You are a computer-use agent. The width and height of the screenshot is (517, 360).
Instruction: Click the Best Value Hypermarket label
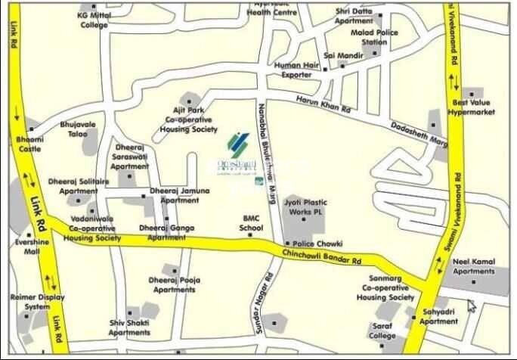472,107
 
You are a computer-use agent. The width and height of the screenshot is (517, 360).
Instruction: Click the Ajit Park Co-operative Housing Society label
188,119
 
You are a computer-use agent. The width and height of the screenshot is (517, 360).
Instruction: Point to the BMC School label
251,222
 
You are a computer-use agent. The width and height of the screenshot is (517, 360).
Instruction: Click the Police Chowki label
317,244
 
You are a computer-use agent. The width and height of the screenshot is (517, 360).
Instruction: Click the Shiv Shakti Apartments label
129,327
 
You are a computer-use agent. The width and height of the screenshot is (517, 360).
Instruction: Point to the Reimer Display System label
30,303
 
